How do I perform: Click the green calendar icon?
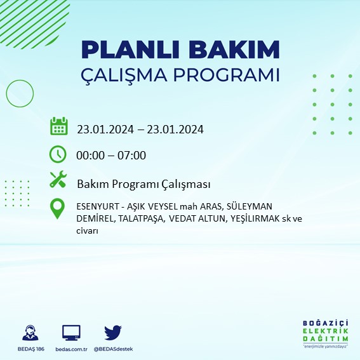[x=58, y=126]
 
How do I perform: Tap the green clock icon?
[x=58, y=154]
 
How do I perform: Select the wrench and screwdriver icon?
[x=58, y=180]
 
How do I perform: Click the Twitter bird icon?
[x=113, y=332]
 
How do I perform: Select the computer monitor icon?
[x=71, y=333]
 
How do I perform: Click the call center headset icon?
[x=29, y=333]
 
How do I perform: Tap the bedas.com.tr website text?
[x=71, y=349]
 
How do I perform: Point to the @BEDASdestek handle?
[x=113, y=349]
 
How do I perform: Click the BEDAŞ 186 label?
[x=29, y=349]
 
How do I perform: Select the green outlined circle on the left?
[x=20, y=93]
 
